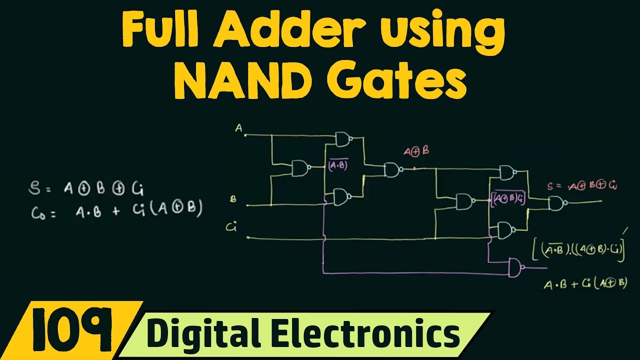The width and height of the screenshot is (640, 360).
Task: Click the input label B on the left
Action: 233,199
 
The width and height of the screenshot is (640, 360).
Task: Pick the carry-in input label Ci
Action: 231,227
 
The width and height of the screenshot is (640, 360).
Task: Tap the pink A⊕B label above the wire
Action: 416,152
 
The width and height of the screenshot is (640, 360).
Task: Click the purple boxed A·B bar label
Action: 338,166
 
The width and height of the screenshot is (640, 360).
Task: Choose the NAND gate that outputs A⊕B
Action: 392,170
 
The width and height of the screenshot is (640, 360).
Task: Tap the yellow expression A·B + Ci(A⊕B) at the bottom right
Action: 585,283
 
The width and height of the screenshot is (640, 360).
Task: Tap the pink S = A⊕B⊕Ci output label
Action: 581,186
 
